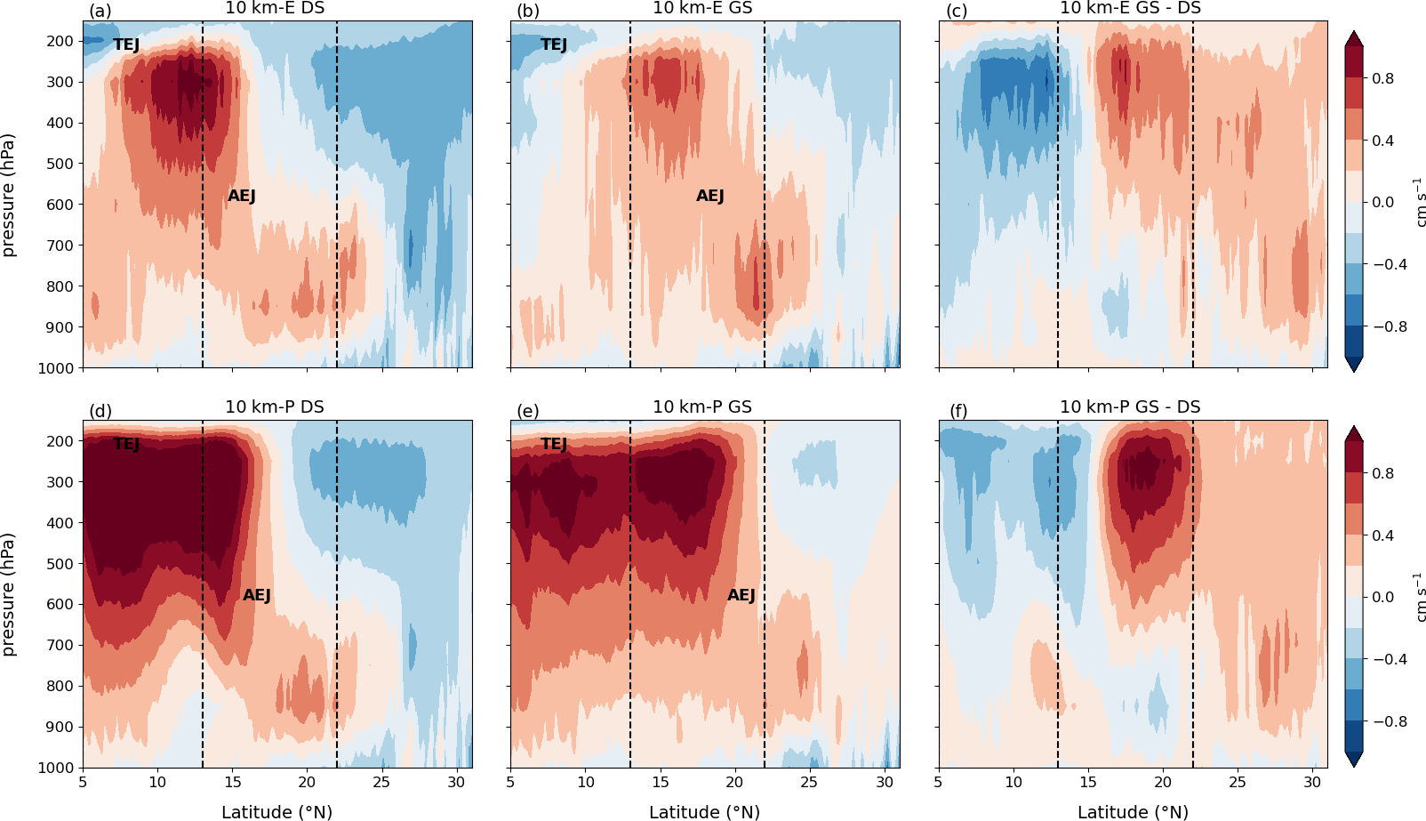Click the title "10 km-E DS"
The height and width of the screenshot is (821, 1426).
coord(275,9)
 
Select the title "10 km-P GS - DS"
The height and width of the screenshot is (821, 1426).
coord(1130,407)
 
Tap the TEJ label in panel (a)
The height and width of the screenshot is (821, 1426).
coord(126,44)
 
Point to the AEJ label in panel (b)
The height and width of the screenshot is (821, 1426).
coord(710,196)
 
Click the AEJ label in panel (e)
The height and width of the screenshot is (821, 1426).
coord(741,595)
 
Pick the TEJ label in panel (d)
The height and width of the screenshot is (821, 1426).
coord(126,444)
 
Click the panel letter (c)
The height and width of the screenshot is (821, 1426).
coord(957,12)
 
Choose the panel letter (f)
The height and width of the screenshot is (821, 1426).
coord(957,411)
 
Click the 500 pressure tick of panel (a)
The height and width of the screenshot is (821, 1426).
coord(60,164)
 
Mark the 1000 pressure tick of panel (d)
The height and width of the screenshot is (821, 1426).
coord(56,768)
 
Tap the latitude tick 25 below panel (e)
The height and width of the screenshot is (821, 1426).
coord(809,783)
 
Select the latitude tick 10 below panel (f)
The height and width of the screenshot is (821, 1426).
coord(1013,783)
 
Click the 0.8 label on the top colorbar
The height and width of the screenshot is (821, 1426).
coord(1383,78)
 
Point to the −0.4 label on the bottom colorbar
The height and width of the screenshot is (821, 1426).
coord(1389,659)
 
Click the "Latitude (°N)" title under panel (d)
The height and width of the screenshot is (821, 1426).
coord(276,812)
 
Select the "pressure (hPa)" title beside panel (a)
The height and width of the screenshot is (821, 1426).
coord(9,195)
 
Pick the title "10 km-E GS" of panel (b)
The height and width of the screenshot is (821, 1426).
coord(702,9)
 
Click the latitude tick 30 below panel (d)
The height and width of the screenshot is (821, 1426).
coord(457,783)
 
